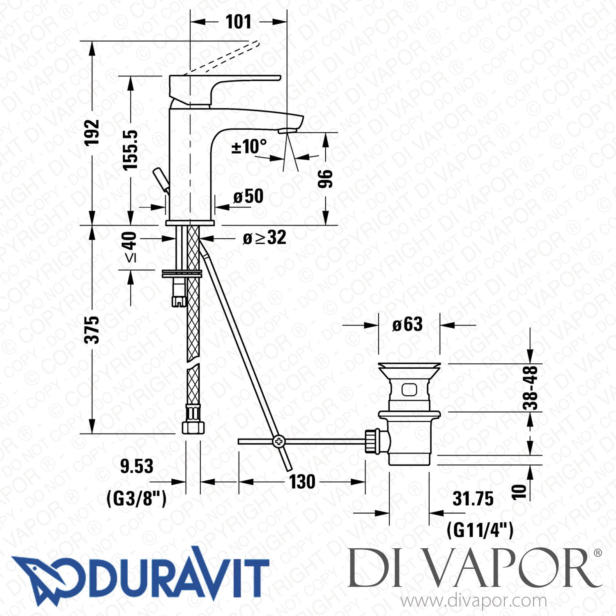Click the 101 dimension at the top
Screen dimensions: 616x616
[238, 22]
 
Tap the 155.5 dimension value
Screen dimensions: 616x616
[131, 150]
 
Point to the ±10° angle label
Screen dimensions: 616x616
[249, 147]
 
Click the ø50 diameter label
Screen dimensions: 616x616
[248, 196]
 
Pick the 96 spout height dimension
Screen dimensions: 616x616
[325, 179]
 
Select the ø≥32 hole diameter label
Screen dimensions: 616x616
[264, 238]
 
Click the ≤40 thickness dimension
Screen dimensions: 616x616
[131, 247]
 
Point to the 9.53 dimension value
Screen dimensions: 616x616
[137, 466]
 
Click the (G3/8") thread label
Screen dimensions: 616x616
[137, 499]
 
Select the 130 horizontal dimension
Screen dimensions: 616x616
[302, 482]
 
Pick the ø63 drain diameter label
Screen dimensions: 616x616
[407, 325]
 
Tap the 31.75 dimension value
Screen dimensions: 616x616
[473, 499]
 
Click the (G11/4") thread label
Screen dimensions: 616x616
[480, 530]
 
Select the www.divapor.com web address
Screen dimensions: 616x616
[473, 601]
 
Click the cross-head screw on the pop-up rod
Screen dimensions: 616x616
[278, 441]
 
